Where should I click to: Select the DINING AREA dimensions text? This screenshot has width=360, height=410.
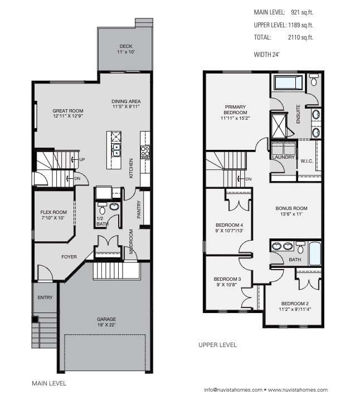coord(126,106)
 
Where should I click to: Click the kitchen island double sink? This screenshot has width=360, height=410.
coord(116,149)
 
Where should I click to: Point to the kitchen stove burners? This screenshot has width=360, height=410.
coord(145,152)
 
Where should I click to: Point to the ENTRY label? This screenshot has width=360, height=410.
coord(45,297)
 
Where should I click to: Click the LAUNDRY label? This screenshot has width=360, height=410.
coord(283,158)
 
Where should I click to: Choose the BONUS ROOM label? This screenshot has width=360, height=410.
coord(291,211)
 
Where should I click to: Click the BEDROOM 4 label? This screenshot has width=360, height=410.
coord(230,228)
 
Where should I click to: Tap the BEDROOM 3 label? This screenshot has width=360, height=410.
coord(227,282)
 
